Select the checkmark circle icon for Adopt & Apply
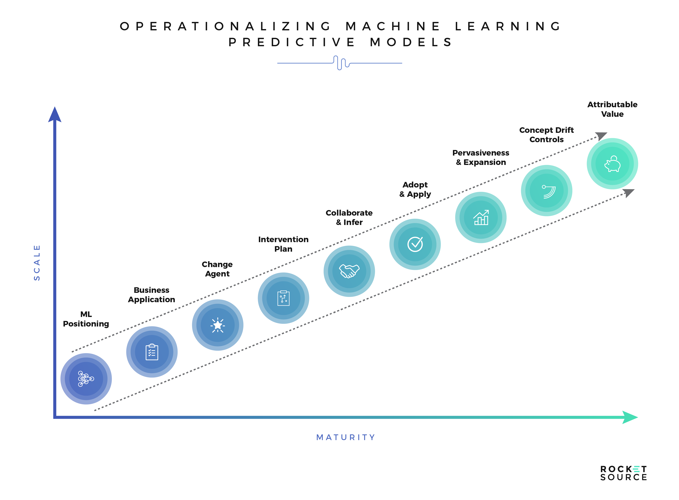coord(415,244)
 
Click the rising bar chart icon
coord(481,217)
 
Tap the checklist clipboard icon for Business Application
coord(152,352)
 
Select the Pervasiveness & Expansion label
coord(481,157)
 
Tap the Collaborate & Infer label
coord(349,217)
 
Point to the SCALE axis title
coord(37,262)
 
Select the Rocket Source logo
coord(623,473)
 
